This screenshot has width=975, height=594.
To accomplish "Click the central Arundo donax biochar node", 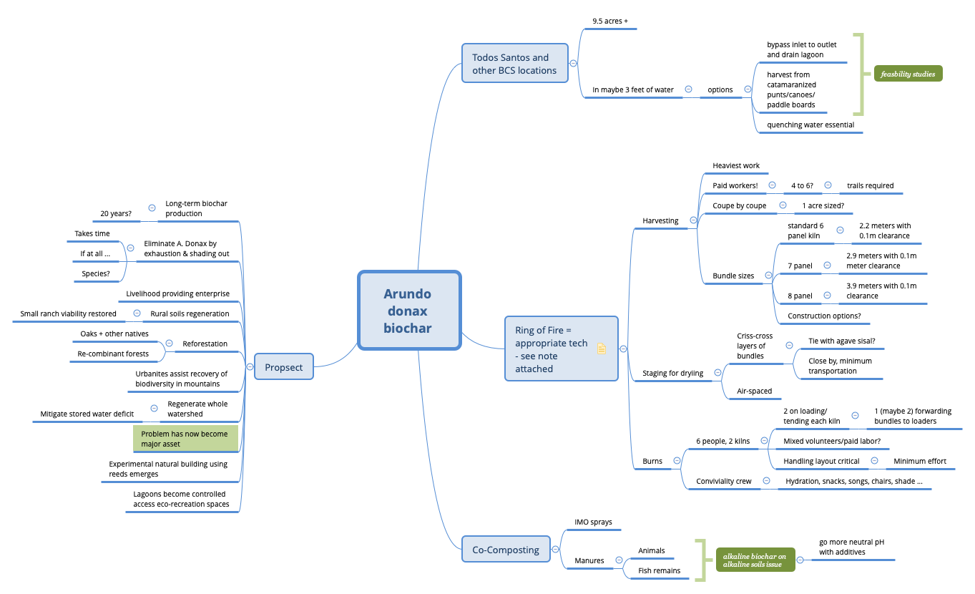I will tap(408, 311).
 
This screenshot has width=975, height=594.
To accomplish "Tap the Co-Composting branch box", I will tap(506, 550).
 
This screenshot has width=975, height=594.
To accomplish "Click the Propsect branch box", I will tap(284, 367).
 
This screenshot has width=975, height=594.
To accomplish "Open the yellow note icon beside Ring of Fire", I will tap(602, 349).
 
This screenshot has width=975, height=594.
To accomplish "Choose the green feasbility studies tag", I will tap(908, 74).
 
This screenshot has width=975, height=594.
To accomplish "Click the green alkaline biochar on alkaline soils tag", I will tap(755, 560).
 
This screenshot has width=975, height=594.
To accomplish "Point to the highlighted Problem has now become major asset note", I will tap(185, 439).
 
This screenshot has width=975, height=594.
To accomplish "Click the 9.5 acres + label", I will tap(610, 21).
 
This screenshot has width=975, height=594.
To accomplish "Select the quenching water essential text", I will tap(810, 125).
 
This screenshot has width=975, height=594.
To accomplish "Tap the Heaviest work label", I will tap(736, 165).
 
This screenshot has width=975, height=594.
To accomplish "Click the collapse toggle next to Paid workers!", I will tap(772, 185).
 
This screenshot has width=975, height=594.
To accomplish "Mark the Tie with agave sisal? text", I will tap(841, 341).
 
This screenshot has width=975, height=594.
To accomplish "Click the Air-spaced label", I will tap(755, 391).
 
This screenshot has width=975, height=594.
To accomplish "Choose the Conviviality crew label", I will tap(724, 481).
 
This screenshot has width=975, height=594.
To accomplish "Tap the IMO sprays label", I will tap(594, 522).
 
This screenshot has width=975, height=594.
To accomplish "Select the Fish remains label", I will tap(659, 570).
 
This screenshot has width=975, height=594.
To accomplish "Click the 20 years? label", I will tap(116, 213).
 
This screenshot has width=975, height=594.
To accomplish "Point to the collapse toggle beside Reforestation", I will tap(170, 343).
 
